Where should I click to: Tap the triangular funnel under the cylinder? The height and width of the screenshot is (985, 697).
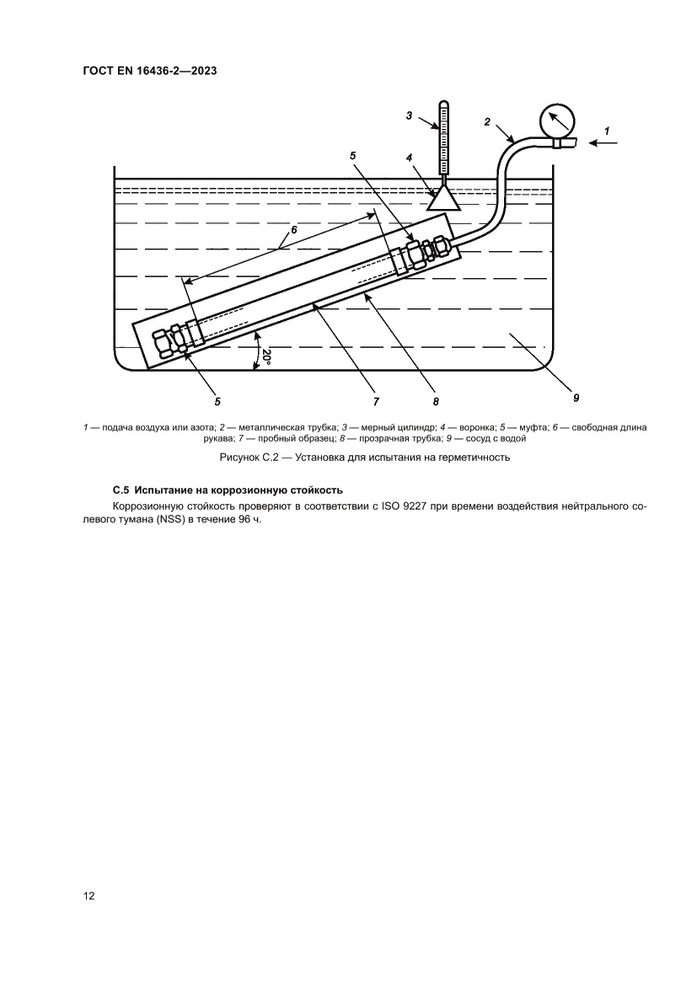(442, 199)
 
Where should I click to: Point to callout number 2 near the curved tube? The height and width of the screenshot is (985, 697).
(487, 122)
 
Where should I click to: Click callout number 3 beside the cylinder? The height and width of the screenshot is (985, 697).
(409, 116)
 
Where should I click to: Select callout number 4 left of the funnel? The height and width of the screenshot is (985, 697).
(409, 158)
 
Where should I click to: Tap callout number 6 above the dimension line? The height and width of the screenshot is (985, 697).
(294, 229)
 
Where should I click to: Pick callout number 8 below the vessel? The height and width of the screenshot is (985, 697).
(436, 402)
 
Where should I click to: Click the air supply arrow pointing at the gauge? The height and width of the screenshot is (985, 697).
(603, 143)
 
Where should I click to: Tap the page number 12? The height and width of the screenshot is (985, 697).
(88, 896)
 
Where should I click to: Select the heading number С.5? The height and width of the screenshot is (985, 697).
(122, 490)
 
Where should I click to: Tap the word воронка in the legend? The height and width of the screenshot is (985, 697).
(476, 427)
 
